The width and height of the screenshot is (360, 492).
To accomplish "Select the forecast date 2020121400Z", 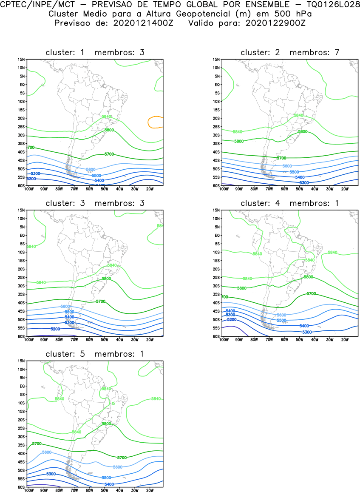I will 143,23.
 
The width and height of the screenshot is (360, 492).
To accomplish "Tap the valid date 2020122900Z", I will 275,23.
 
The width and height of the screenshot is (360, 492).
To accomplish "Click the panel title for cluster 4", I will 289,203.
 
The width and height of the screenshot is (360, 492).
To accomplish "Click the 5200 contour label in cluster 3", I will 55,329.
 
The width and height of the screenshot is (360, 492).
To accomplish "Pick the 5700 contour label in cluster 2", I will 281,158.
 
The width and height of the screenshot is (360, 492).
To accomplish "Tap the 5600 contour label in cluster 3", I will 65,306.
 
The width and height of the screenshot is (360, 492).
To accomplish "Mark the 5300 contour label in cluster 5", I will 51,474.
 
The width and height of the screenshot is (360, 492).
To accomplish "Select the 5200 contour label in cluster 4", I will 232,319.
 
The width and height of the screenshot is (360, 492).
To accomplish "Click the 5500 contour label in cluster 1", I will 96,175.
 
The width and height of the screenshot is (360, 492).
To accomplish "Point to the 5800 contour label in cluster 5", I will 106,424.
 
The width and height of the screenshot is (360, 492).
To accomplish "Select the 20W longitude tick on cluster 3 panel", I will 150,339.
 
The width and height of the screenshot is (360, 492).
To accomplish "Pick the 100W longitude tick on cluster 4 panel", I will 223,339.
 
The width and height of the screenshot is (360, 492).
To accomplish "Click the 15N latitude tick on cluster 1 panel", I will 21,60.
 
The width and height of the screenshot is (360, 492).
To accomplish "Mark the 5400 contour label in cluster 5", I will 109,484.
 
